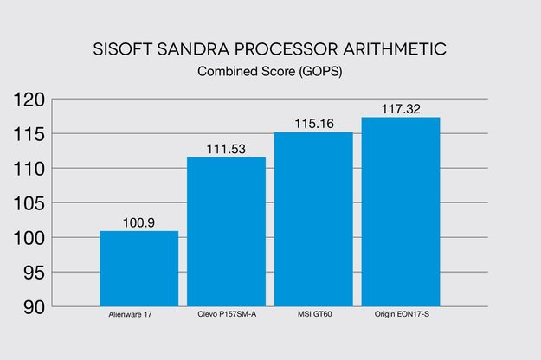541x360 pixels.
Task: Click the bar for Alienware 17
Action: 139,268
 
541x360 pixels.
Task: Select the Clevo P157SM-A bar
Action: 226,232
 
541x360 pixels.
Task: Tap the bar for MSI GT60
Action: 313,219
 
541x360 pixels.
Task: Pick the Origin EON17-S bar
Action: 401,212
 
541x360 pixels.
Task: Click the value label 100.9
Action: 138,222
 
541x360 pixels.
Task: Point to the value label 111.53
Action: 226,149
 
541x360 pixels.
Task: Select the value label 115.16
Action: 314,124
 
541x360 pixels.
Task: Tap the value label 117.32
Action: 401,109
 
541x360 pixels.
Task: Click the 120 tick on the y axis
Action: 29,100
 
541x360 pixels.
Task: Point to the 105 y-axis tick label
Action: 29,203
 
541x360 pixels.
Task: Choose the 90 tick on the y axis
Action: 35,307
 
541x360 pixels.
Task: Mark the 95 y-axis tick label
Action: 35,273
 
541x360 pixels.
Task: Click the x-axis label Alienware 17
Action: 130,314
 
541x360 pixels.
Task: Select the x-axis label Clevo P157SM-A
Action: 227,314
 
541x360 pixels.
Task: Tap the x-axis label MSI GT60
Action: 315,314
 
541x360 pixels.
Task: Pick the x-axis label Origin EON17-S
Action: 402,314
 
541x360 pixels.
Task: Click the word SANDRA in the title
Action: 193,49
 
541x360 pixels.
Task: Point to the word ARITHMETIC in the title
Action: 395,49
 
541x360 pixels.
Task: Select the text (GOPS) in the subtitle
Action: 320,72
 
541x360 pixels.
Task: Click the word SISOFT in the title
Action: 123,49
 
